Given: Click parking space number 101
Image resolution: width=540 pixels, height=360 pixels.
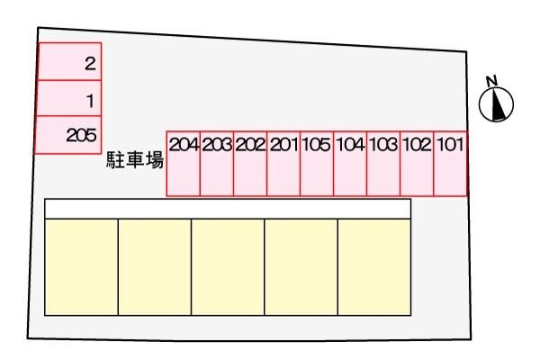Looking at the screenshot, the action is (451, 161).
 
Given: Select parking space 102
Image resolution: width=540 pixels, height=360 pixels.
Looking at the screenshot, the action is (417, 161).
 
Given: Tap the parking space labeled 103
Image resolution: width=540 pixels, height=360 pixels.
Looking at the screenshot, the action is (383, 161).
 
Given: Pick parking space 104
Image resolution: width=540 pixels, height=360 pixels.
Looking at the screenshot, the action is (350, 161).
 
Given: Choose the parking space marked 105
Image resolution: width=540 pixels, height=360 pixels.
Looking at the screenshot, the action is (317, 161).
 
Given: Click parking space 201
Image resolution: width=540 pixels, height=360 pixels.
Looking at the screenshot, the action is (283, 161).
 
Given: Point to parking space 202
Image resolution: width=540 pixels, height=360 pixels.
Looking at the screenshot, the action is (250, 161).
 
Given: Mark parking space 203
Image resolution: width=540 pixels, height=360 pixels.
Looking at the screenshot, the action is (217, 161).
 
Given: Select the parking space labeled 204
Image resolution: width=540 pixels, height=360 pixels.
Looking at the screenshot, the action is (184, 161).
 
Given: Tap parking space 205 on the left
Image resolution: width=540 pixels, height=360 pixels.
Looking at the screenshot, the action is (68, 135).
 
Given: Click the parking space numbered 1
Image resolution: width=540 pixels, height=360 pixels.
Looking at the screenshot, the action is (68, 99).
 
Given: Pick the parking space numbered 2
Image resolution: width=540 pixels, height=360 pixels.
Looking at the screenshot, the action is (68, 62).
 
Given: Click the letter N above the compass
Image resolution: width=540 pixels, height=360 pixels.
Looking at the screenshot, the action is (491, 81).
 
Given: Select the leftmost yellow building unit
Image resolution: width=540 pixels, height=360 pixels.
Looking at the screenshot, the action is (81, 266).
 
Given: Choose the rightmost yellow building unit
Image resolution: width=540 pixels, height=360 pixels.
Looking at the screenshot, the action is (373, 266).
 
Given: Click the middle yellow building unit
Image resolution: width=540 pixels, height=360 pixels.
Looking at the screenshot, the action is (228, 266).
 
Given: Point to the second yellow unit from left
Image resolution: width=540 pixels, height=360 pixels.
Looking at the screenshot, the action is (155, 266).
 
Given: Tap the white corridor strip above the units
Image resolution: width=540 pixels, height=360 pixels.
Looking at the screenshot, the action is (228, 209).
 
